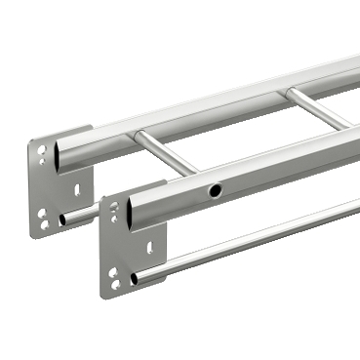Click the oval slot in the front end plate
pyautogui.click(x=149, y=248)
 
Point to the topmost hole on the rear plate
pyautogui.click(x=41, y=150)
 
